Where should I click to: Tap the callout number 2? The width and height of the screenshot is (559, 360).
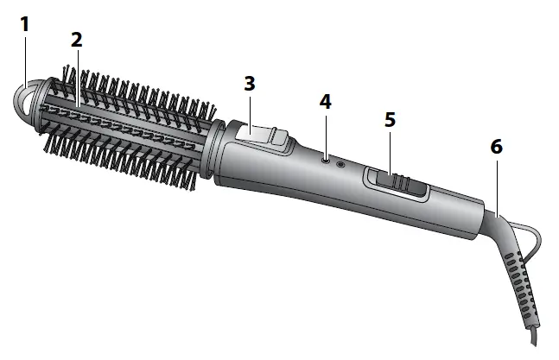pyautogui.click(x=76, y=40)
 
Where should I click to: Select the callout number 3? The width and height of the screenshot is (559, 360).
pyautogui.click(x=250, y=84)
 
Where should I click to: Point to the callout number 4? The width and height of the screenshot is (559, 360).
pyautogui.click(x=324, y=101)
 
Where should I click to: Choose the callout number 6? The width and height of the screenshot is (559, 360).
pyautogui.click(x=496, y=147)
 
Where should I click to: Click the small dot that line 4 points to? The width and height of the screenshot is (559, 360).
pyautogui.click(x=325, y=158)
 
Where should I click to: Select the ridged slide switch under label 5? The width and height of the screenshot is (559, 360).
pyautogui.click(x=397, y=183)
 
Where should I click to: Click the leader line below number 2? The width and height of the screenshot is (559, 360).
pyautogui.click(x=76, y=78)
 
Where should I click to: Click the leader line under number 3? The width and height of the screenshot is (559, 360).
pyautogui.click(x=251, y=111)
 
